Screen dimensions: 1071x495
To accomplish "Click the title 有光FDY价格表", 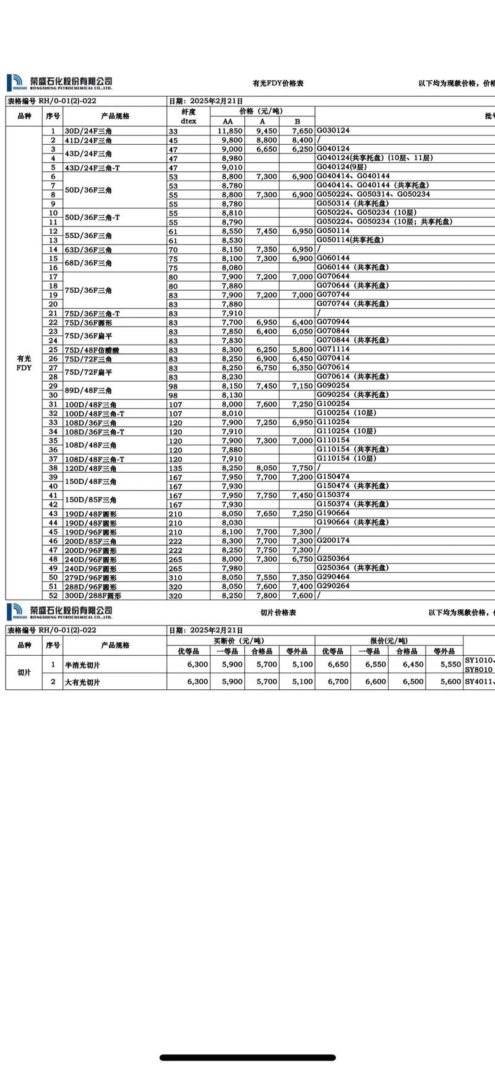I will (278, 84).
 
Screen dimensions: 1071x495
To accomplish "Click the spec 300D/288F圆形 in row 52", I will (93, 596).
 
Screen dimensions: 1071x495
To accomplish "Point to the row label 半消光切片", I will (82, 665).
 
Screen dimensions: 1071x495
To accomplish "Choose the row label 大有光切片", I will (82, 682).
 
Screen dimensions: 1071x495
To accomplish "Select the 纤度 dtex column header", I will (188, 116).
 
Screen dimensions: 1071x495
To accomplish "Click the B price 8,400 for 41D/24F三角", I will (302, 140).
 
